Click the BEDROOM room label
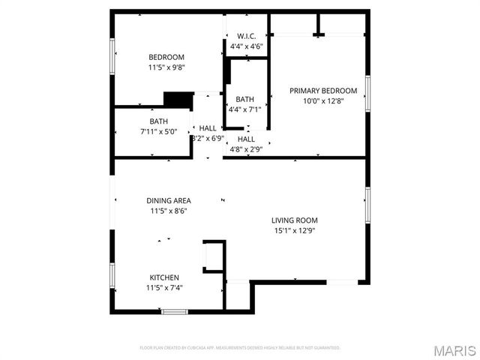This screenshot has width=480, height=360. coord(166,57)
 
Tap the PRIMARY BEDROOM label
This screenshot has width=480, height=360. coord(324,91)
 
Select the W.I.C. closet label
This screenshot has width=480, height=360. coord(247,36)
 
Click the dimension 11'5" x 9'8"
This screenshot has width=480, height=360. coord(166,67)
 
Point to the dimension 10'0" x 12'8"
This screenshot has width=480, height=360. coord(324,101)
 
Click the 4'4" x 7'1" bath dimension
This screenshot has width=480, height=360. coord(245,109)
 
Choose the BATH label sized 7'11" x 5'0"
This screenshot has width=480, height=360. coord(158,121)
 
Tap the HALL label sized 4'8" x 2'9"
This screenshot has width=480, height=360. coord(246,139)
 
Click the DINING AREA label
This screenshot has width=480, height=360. coord(168,200)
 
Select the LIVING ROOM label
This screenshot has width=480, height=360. coord(295,220)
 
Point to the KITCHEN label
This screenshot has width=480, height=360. coord(164,277)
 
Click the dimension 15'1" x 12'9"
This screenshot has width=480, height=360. coord(295,231)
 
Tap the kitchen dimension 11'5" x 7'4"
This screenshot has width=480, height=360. coord(164,287)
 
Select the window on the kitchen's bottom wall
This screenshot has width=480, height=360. coord(174,310)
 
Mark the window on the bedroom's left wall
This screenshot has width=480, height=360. coord(112,57)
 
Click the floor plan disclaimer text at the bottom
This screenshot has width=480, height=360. coord(240,348)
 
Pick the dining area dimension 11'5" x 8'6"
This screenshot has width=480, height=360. coord(168,211)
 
